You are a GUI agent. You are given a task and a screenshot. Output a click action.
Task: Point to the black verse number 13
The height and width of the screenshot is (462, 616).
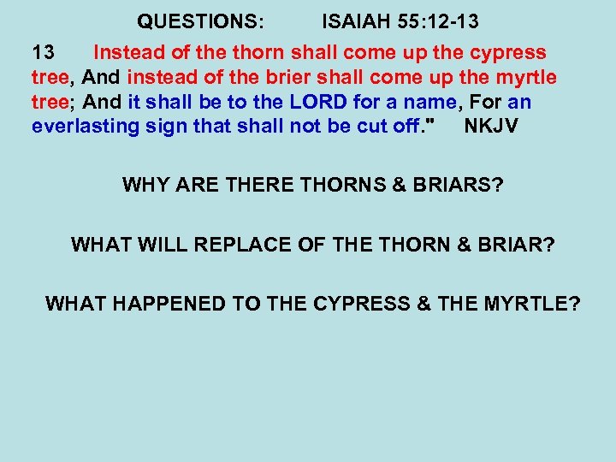pyautogui.click(x=43, y=53)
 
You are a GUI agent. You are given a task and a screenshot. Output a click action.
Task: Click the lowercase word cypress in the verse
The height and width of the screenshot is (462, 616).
pyautogui.click(x=508, y=53)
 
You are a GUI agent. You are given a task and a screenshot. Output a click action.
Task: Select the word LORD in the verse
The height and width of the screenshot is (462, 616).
pyautogui.click(x=318, y=103)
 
